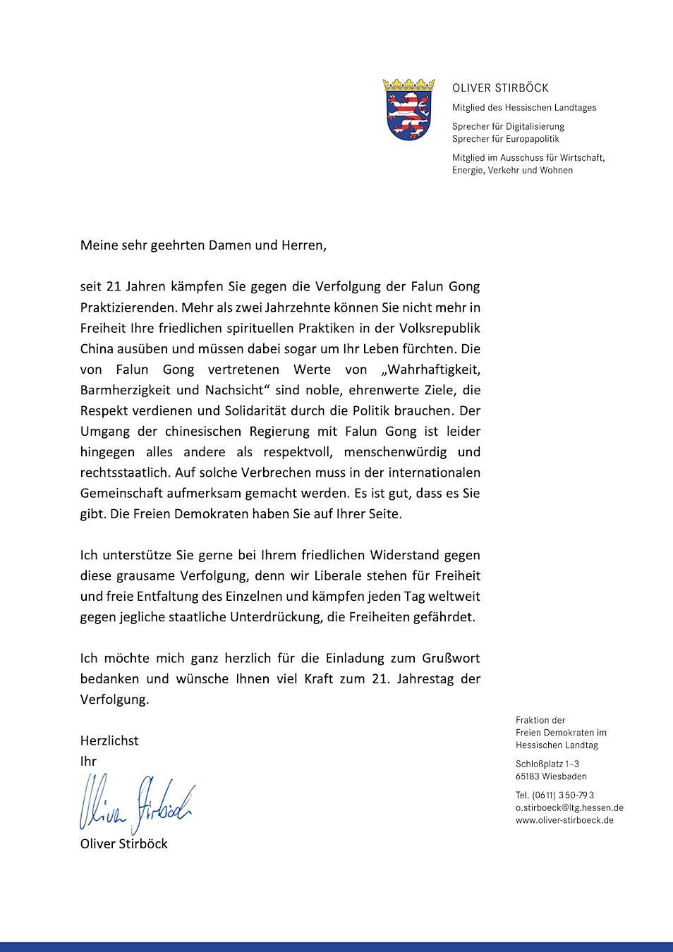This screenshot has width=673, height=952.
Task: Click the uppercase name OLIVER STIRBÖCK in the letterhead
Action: pos(500,88)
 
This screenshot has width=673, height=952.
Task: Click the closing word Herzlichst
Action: pos(109,740)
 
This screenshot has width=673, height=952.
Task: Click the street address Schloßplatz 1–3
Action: pos(547,764)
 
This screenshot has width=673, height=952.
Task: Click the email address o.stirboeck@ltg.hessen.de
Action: pos(569,807)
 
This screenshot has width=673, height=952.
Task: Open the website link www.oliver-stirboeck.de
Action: pos(564,820)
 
